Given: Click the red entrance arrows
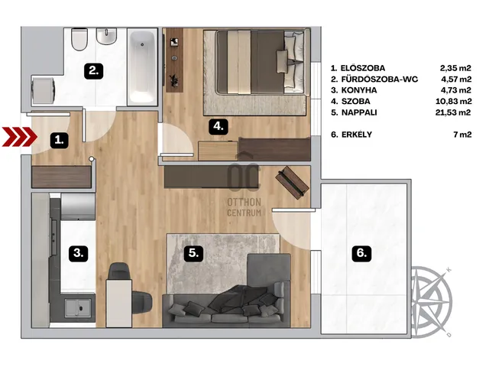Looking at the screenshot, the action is pos(20,137).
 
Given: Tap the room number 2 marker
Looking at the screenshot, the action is pos(94,70).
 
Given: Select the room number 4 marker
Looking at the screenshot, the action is pos(219,127).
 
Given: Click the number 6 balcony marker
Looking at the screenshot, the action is pos(361,253).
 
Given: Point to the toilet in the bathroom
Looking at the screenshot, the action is pos(79,39).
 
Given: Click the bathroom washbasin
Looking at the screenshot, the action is pos(106,36).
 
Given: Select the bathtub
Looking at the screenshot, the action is pos(142,67).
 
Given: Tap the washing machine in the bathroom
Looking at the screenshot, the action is pos(44,91).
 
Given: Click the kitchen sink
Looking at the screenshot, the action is pos(78,308).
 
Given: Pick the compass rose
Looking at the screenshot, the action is pos(431,302).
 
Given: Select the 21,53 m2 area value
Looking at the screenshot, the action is pos(453,112).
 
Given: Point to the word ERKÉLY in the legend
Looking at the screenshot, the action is pos(357,135).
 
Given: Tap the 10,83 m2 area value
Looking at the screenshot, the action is pos(453,102).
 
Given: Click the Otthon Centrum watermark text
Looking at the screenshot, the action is pos(244,207).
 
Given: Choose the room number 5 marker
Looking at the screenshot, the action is pos(193,253).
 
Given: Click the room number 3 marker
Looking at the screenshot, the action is pos(78,253).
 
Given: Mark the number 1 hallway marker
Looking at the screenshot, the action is pos(60,141).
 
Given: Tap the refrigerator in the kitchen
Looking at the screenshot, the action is pos(78,207).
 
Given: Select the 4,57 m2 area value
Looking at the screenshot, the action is pos(456,80).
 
